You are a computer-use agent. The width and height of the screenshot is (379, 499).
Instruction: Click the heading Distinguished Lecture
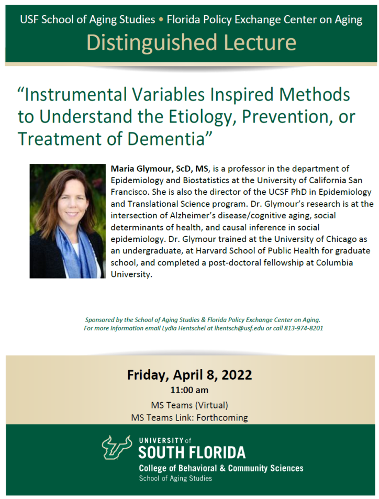click(191, 42)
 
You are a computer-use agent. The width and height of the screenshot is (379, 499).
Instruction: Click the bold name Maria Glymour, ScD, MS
click(159, 169)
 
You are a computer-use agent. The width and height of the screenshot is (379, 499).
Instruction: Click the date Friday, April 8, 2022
click(189, 375)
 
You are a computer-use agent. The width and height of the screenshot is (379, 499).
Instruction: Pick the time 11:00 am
click(189, 391)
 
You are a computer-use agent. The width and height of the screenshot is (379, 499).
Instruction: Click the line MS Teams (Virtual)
click(189, 405)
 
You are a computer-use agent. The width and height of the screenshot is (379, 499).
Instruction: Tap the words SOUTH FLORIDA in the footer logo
click(192, 452)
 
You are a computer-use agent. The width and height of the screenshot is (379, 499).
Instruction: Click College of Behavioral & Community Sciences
click(220, 468)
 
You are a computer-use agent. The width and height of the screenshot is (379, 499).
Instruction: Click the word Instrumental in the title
click(68, 95)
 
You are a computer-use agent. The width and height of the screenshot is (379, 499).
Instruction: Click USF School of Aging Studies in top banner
click(87, 20)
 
